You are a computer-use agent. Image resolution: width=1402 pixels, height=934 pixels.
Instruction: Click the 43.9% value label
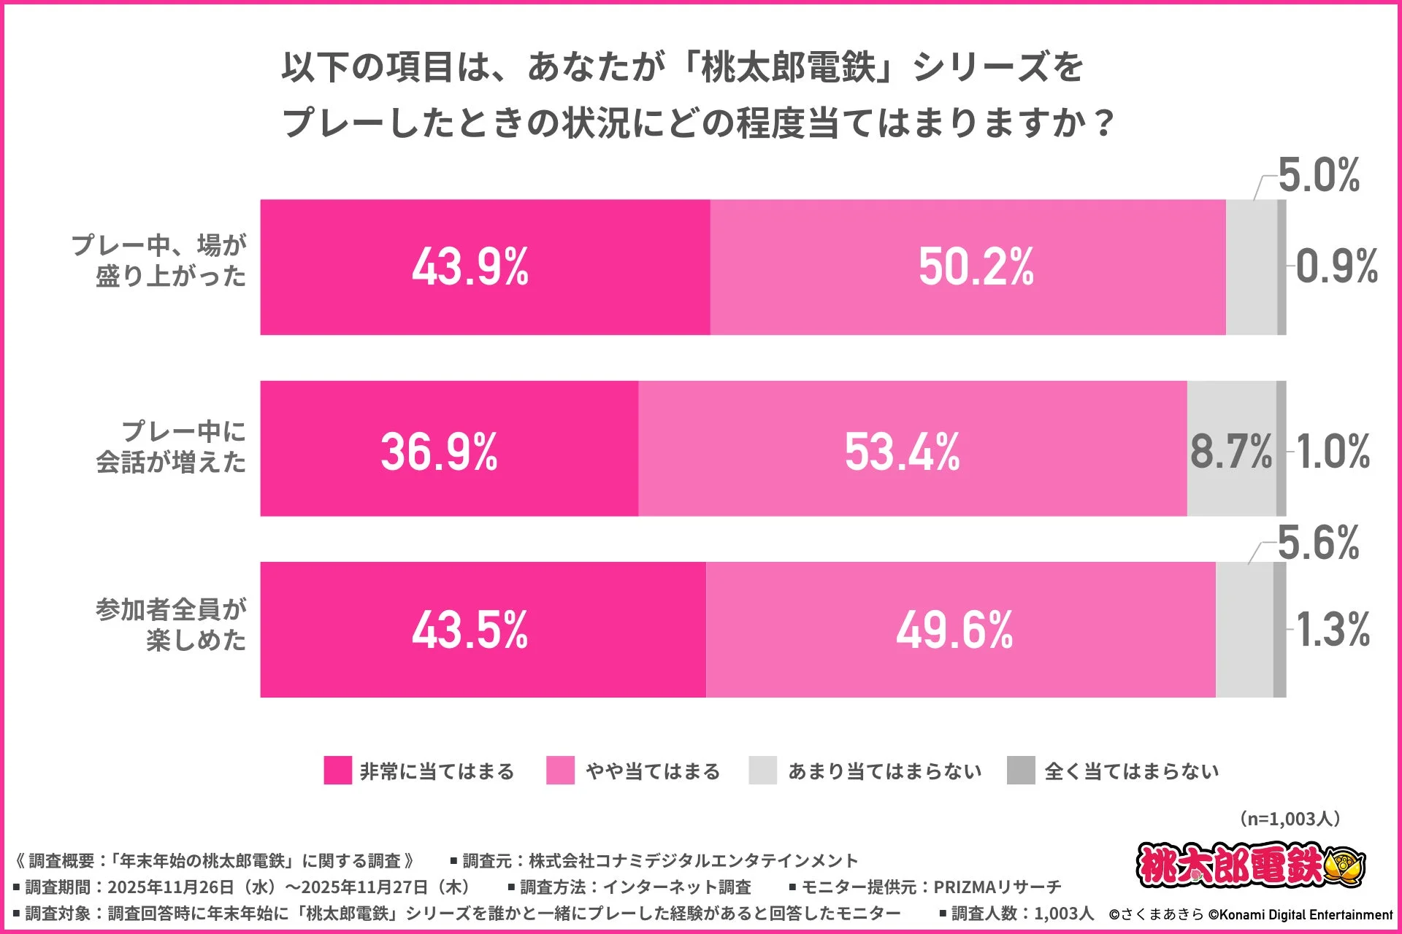pyautogui.click(x=470, y=267)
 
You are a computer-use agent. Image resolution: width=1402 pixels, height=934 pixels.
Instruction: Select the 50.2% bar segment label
pyautogui.click(x=976, y=267)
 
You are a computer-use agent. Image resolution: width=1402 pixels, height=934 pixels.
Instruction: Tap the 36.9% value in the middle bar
pyautogui.click(x=439, y=452)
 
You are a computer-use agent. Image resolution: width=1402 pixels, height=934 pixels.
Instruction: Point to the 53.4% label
pyautogui.click(x=903, y=452)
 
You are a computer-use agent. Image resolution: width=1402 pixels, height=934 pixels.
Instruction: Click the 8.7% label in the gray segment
pyautogui.click(x=1231, y=452)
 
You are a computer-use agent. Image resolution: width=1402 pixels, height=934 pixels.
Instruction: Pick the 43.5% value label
pyautogui.click(x=470, y=630)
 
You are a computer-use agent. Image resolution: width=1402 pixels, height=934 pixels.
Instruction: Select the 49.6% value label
pyautogui.click(x=954, y=630)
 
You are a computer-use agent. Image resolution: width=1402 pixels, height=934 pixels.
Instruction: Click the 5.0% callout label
pyautogui.click(x=1319, y=176)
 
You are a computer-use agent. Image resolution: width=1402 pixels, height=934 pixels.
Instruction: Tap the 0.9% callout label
pyautogui.click(x=1336, y=266)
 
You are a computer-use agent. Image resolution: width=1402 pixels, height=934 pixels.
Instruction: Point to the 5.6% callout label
pyautogui.click(x=1319, y=544)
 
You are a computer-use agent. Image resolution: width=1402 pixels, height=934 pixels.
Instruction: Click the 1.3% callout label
pyautogui.click(x=1333, y=630)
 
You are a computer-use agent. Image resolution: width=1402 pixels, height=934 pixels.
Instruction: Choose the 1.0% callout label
pyautogui.click(x=1333, y=452)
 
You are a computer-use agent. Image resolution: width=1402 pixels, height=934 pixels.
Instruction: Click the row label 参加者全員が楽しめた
pyautogui.click(x=172, y=625)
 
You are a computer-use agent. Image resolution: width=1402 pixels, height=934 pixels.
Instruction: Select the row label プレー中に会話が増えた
pyautogui.click(x=172, y=447)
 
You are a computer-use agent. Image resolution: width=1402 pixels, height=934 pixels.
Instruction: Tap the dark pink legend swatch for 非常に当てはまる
pyautogui.click(x=337, y=771)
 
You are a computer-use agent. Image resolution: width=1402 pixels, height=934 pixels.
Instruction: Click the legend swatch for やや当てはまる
pyautogui.click(x=560, y=771)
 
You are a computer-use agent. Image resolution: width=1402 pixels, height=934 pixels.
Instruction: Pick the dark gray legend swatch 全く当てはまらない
pyautogui.click(x=1021, y=771)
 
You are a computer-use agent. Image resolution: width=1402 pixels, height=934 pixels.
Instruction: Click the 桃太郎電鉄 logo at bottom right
pyautogui.click(x=1250, y=865)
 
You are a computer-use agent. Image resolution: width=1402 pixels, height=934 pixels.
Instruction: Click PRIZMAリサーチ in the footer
pyautogui.click(x=997, y=887)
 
